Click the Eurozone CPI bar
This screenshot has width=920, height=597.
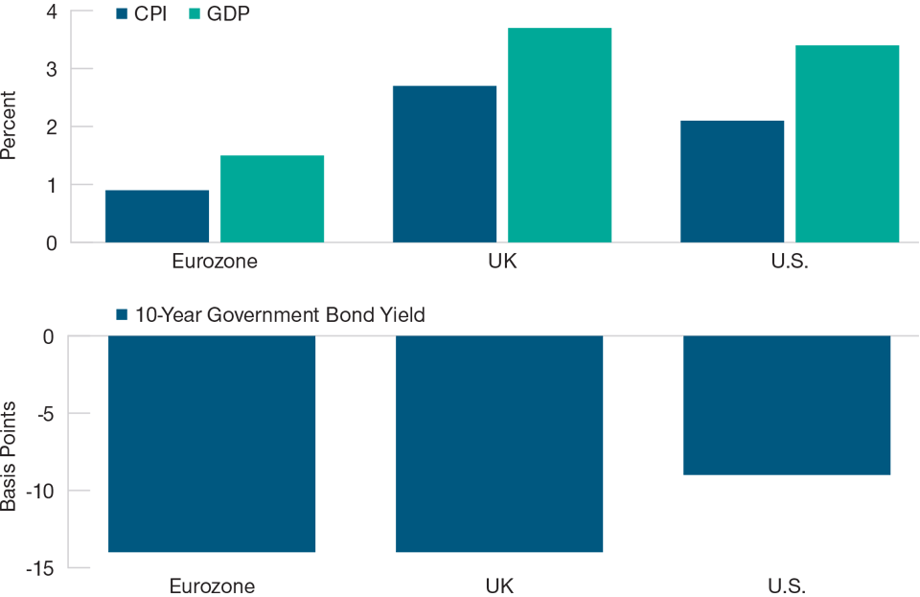(x=157, y=217)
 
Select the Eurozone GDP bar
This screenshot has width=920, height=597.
(x=272, y=199)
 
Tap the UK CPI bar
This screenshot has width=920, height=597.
(x=445, y=164)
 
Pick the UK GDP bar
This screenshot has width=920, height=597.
(x=560, y=135)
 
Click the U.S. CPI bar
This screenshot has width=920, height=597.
(x=732, y=181)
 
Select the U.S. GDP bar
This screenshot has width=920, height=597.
(x=847, y=144)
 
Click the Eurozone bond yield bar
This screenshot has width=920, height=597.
(x=212, y=444)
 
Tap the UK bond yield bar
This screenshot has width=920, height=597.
(x=499, y=444)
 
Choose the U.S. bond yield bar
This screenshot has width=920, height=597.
(x=787, y=405)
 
